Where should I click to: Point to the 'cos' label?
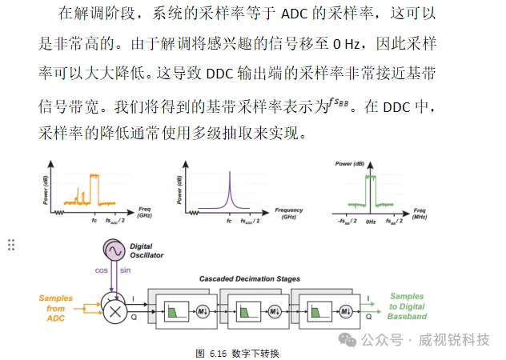point(101,271)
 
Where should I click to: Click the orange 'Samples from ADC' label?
point(55,308)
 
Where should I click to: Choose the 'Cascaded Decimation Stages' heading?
point(251,279)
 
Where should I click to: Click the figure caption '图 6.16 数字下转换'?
point(237,352)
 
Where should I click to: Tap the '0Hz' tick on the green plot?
point(371,219)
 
